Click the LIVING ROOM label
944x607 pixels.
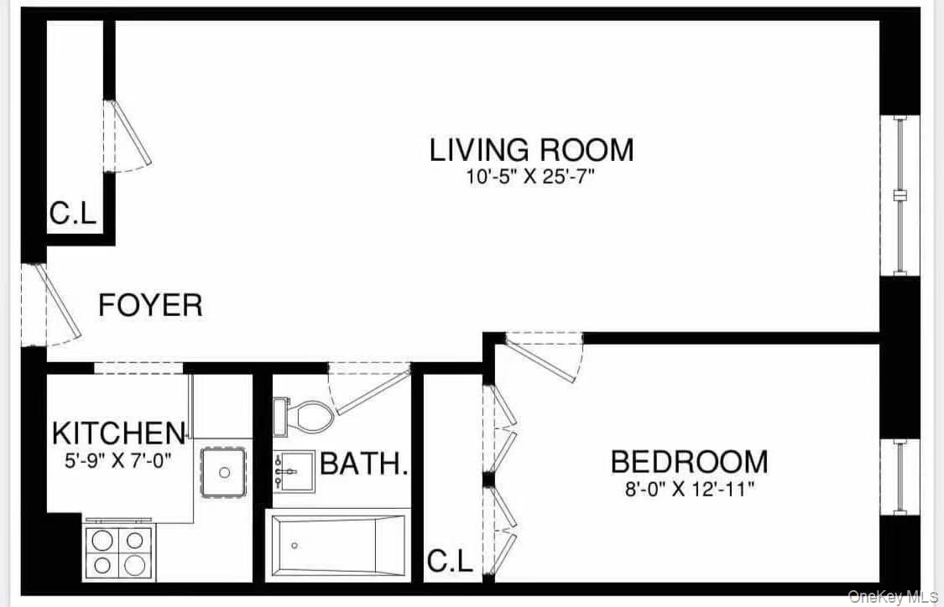531,150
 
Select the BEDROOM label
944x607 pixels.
688,462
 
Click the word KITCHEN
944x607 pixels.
117,433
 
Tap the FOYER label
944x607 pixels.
150,305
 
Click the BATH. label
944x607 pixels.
364,464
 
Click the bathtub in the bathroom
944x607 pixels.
337,545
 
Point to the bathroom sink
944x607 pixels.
293,472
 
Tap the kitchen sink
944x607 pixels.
224,473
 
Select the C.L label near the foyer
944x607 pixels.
72,214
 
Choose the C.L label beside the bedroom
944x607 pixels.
450,561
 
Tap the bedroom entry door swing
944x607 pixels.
545,357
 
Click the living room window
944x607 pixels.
900,195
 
